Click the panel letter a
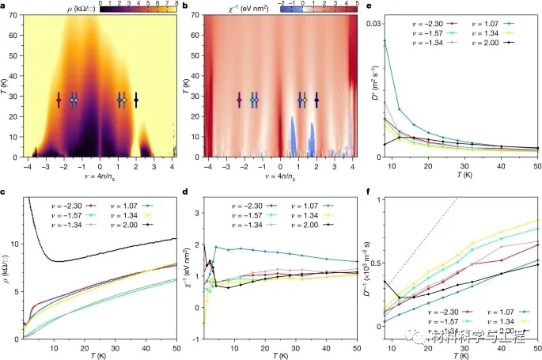click(6, 6)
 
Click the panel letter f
click(369, 191)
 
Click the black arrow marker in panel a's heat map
click(136, 100)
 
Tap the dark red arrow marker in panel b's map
click(238, 100)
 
